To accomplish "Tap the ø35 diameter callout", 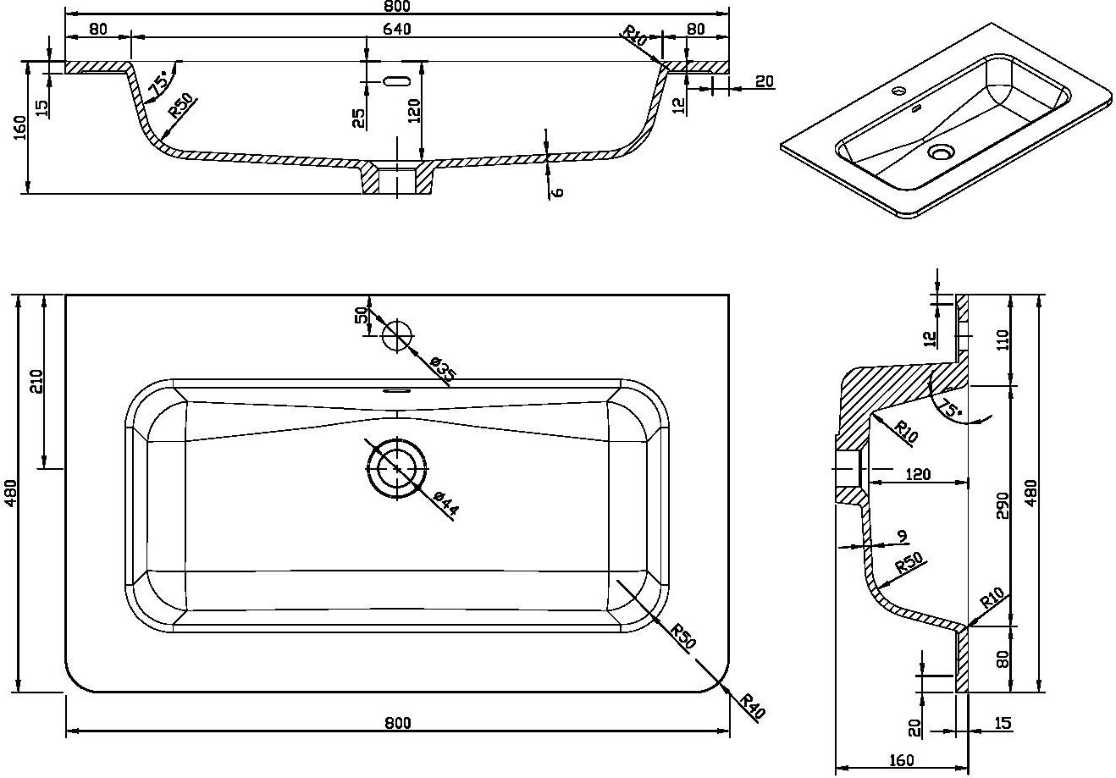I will [443, 369].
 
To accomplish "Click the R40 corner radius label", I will [752, 705].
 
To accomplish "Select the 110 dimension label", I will [1003, 340].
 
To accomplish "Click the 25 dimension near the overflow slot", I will [359, 118].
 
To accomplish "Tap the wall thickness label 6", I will [556, 191].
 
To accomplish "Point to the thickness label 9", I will [902, 536].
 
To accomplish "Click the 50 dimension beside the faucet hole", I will [362, 315].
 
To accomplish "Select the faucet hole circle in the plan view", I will [396, 335].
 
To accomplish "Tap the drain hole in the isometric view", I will [941, 152].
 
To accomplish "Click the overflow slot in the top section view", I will [396, 81].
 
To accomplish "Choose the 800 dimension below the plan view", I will [397, 722].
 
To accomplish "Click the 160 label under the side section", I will [902, 759].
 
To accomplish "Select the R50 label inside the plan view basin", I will [682, 637].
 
